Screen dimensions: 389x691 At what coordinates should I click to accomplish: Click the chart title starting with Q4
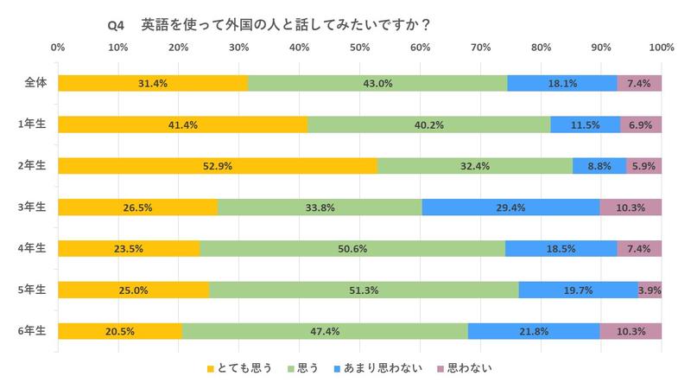pos(269,25)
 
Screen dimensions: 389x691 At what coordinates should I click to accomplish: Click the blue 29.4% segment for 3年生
pos(510,207)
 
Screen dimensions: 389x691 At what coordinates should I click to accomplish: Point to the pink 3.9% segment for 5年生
pos(650,290)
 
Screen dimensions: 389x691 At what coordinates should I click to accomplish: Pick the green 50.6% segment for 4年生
pos(352,248)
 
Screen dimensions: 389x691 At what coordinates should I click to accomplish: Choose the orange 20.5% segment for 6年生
pos(120,330)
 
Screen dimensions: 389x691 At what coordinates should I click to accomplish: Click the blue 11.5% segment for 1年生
pos(586,124)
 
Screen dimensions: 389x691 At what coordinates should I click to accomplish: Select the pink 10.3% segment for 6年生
pos(631,330)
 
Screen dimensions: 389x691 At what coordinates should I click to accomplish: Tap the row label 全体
pos(35,83)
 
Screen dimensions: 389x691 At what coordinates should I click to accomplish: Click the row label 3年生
pos(35,207)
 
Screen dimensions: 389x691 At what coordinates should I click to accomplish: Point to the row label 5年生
pos(35,290)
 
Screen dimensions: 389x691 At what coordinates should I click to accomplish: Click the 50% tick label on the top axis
pos(360,47)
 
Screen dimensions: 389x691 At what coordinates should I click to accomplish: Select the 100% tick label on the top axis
pos(661,47)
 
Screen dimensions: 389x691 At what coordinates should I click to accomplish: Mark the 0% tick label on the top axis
pos(59,47)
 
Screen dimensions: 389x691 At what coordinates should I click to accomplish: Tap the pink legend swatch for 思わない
pos(441,368)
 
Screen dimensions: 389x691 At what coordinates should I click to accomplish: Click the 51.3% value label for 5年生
pos(364,290)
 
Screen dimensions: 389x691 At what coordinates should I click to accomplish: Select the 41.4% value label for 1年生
pos(183,124)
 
